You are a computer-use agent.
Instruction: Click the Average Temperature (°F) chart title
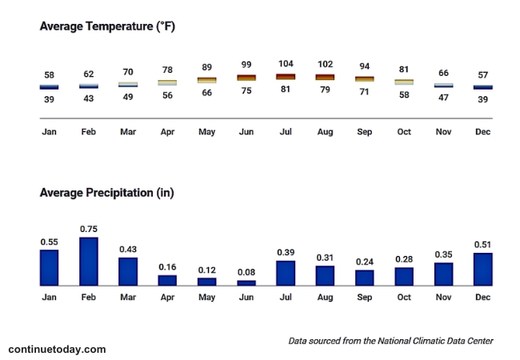point(107,26)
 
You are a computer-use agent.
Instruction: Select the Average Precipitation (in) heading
point(106,193)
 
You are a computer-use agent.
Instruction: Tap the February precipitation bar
point(89,262)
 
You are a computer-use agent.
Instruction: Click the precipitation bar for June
point(246,282)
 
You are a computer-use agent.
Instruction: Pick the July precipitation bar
point(286,273)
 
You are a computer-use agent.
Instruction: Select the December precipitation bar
point(483,269)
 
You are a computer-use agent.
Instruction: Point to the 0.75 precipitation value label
point(89,229)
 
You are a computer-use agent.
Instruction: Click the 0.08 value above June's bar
point(246,272)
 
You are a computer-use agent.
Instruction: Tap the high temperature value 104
point(286,64)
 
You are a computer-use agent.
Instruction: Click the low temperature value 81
point(286,90)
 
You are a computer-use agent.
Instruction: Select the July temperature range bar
point(286,77)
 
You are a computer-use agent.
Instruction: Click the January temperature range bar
point(50,86)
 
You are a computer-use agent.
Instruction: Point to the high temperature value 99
point(246,65)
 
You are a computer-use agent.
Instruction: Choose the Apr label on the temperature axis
point(167,131)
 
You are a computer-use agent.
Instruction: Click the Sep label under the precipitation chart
point(365,298)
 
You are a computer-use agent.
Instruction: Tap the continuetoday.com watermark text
point(57,350)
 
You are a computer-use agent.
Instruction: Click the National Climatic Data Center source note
point(390,341)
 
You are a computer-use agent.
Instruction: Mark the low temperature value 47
point(443,96)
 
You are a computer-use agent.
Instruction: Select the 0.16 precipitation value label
point(167,266)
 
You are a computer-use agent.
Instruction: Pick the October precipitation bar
point(404,276)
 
